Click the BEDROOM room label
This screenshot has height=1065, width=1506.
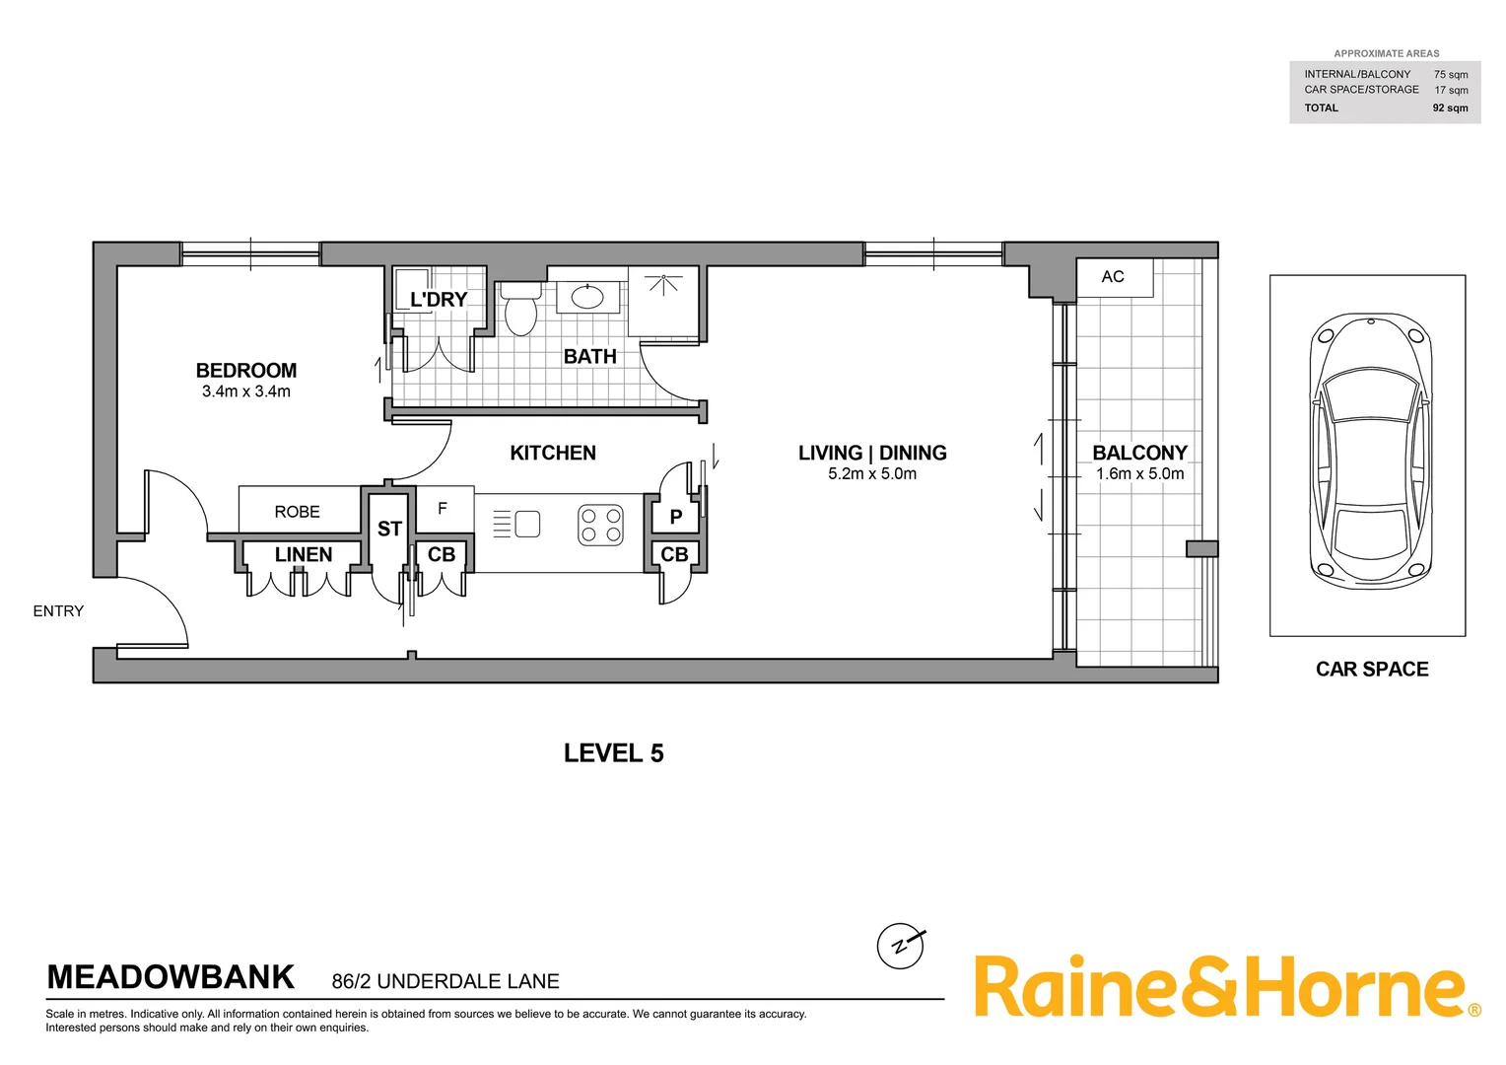pyautogui.click(x=246, y=371)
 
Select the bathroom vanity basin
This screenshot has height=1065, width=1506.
pyautogui.click(x=587, y=296)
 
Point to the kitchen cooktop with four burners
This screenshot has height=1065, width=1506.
pyautogui.click(x=600, y=525)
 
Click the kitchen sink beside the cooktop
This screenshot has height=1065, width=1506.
pyautogui.click(x=527, y=524)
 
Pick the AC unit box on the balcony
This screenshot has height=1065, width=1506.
pyautogui.click(x=1114, y=277)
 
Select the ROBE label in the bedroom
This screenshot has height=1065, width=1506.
pyautogui.click(x=298, y=512)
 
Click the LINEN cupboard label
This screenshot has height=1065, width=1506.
pyautogui.click(x=304, y=555)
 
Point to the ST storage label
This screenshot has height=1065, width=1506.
pyautogui.click(x=389, y=530)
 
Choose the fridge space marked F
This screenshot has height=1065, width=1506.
pyautogui.click(x=443, y=509)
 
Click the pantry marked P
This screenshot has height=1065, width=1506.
pyautogui.click(x=676, y=517)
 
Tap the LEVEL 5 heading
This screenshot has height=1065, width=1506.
pyautogui.click(x=613, y=753)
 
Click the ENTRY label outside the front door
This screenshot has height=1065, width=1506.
pyautogui.click(x=58, y=611)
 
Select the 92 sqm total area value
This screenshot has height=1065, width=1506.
pyautogui.click(x=1450, y=108)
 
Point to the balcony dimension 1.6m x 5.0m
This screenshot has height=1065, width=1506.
pyautogui.click(x=1139, y=474)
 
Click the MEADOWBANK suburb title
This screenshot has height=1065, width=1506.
pyautogui.click(x=171, y=977)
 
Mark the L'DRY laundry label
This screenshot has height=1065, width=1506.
pyautogui.click(x=439, y=300)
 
